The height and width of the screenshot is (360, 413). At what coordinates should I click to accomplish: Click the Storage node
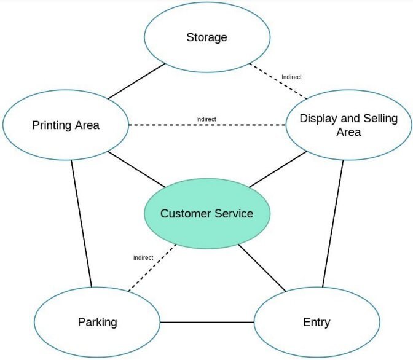(206, 37)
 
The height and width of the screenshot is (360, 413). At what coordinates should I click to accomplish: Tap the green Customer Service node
(206, 214)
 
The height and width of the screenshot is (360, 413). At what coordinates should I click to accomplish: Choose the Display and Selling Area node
(348, 125)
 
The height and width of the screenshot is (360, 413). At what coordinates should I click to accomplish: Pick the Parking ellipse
(97, 322)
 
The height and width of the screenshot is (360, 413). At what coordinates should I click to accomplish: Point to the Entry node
(317, 322)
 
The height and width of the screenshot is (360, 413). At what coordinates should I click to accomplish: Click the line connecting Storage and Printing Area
(136, 80)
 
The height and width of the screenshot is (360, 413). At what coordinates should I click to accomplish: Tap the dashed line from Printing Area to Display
(206, 125)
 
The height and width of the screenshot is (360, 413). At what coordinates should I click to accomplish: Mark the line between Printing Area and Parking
(81, 222)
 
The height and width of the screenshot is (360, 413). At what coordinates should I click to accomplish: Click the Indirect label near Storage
(291, 77)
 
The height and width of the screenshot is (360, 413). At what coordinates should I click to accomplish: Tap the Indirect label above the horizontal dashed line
(206, 119)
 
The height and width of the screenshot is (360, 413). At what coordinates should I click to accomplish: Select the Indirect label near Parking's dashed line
(143, 257)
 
